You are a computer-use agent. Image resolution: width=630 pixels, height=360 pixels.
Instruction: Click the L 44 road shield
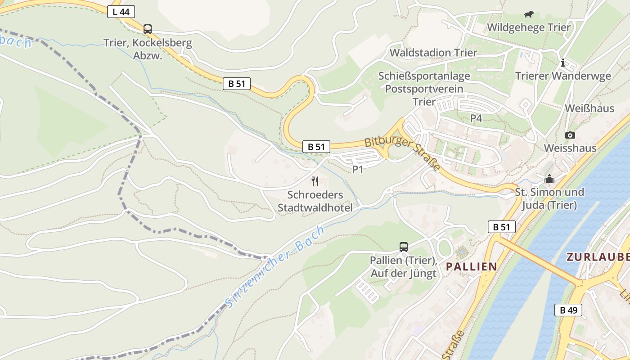(121, 12)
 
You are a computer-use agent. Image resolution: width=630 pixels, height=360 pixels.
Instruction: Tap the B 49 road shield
(568, 310)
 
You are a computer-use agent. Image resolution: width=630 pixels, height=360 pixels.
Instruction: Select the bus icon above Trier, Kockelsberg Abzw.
(148, 29)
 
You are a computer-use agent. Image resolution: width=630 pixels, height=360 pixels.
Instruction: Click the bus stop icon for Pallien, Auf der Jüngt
(404, 247)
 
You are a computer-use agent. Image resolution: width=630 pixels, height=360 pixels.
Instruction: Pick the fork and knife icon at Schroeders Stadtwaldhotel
(315, 181)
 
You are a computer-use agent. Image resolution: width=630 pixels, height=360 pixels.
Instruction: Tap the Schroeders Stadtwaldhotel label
(315, 201)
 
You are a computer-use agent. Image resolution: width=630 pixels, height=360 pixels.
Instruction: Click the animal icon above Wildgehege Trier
(529, 14)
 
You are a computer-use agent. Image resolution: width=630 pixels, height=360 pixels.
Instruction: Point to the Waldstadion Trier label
(433, 53)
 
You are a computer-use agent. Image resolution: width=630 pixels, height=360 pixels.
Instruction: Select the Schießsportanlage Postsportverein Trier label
(424, 89)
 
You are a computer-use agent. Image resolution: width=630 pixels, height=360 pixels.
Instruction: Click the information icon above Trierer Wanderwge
(562, 63)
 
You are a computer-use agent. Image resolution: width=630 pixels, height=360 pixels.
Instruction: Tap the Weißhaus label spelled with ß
(589, 108)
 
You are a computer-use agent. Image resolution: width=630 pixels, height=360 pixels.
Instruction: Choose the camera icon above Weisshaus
(570, 135)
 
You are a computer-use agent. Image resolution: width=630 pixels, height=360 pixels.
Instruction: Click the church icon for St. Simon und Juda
(549, 179)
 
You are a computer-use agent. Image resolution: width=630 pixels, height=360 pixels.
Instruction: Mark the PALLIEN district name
(471, 266)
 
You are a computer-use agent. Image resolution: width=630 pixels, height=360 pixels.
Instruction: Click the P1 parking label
(358, 170)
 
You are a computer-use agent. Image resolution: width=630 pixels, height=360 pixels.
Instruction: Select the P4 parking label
(476, 118)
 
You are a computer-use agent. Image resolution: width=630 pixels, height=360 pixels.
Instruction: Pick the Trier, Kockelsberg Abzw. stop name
(148, 49)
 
